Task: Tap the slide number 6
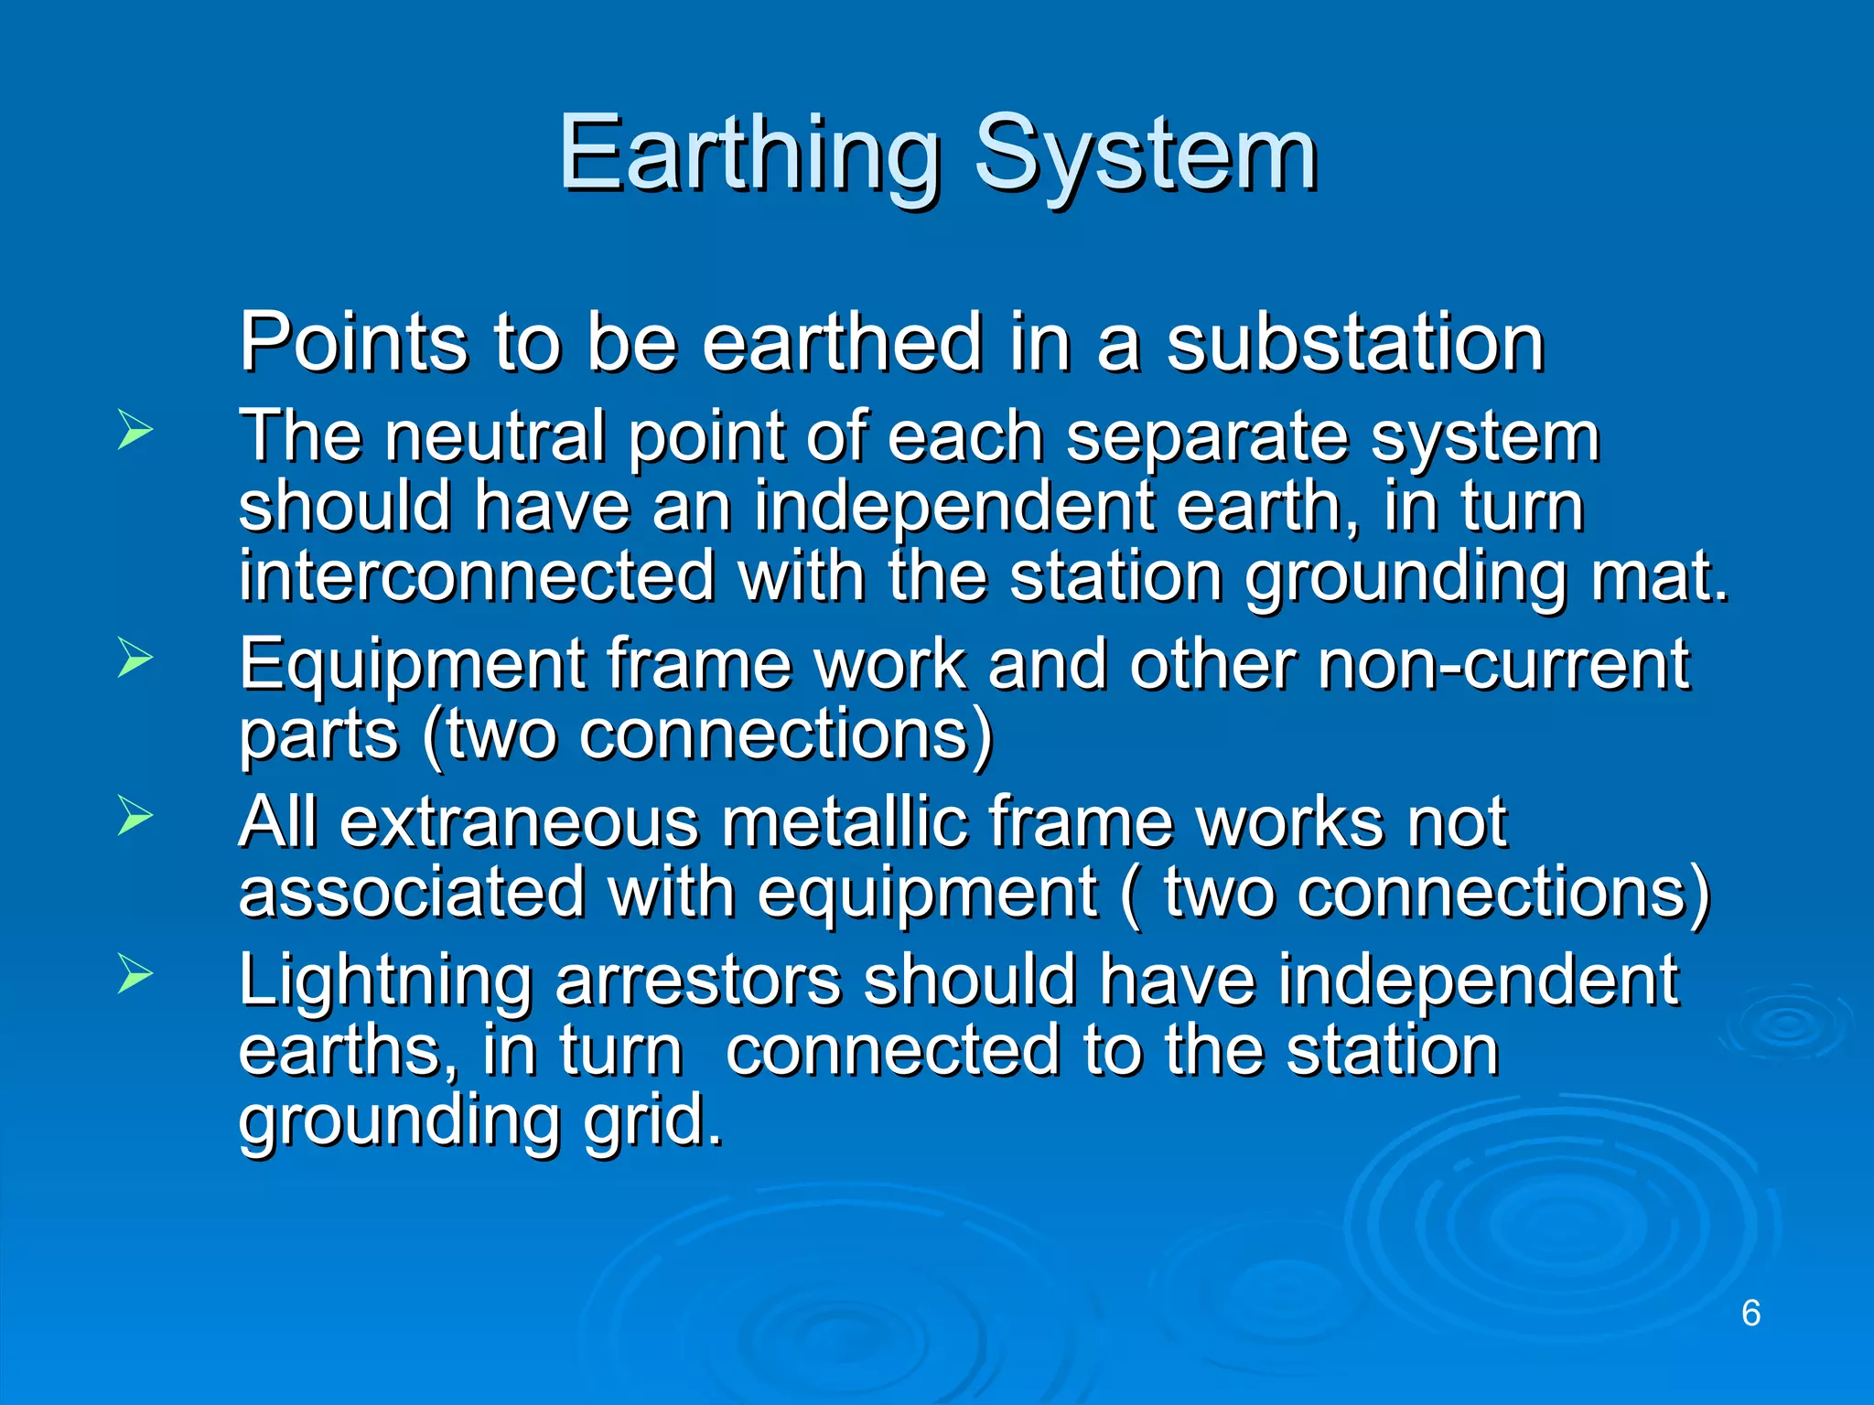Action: [1750, 1313]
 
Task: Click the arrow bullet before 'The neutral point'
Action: [135, 430]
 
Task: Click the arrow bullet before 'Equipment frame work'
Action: [135, 658]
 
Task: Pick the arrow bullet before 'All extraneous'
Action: [135, 815]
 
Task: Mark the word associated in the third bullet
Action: [412, 893]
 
